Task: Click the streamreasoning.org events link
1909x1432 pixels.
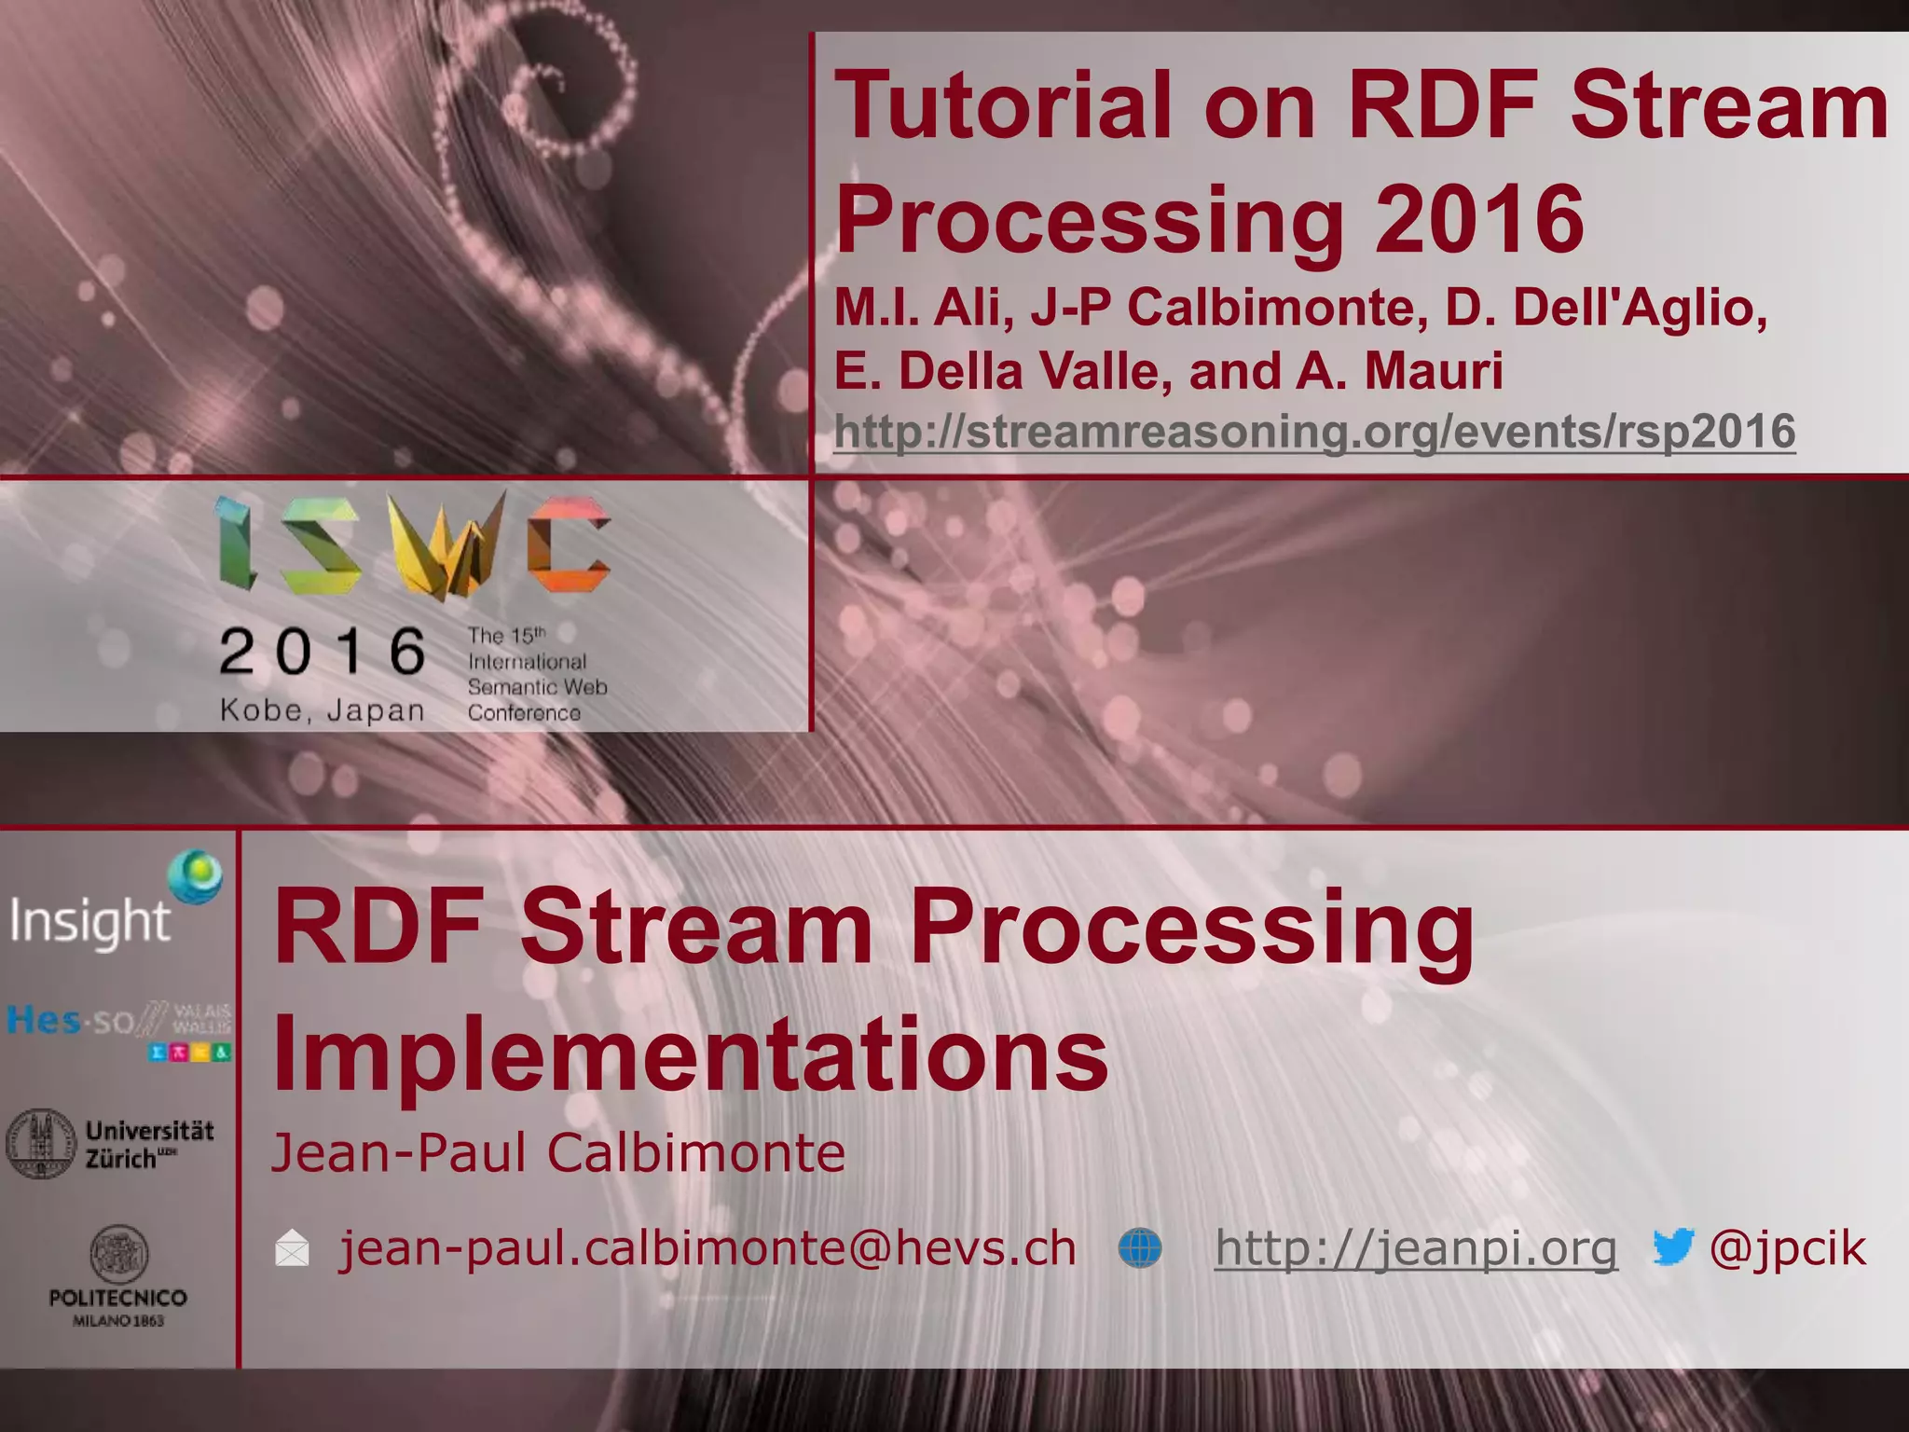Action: pos(1314,432)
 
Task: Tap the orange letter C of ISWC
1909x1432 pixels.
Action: pos(569,544)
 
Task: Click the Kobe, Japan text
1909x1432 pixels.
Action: pos(323,710)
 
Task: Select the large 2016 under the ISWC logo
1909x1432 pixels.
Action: pos(323,651)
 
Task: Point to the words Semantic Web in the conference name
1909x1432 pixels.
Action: pos(537,687)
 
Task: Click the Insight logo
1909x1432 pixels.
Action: pos(112,904)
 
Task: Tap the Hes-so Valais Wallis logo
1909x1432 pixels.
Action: pos(117,1029)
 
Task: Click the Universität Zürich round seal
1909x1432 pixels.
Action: pos(41,1143)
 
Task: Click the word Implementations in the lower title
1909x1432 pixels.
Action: pos(690,1053)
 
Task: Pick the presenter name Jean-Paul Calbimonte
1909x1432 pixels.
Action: pos(557,1152)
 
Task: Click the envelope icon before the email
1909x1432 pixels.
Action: pos(292,1249)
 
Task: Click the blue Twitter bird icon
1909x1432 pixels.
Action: pos(1672,1247)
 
